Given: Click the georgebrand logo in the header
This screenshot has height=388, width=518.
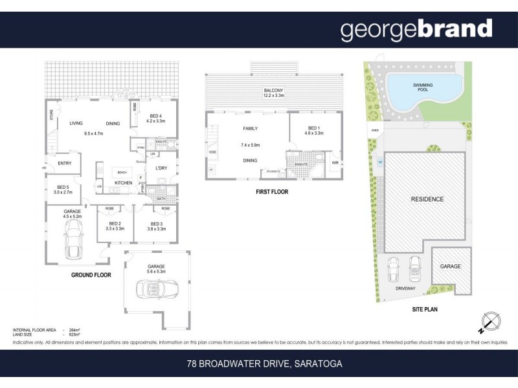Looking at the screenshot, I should (416, 29).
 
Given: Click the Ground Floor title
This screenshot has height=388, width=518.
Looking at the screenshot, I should (91, 275).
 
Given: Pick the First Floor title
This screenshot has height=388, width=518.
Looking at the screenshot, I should (272, 192).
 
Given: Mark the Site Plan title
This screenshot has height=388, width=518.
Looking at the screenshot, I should (425, 310).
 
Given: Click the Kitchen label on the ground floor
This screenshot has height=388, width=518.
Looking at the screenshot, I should (124, 183).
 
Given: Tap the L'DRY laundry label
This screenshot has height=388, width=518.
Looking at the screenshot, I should (162, 168).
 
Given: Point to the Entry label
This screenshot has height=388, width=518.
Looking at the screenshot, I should (65, 163).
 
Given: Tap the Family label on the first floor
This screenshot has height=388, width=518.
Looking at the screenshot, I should (251, 129).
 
